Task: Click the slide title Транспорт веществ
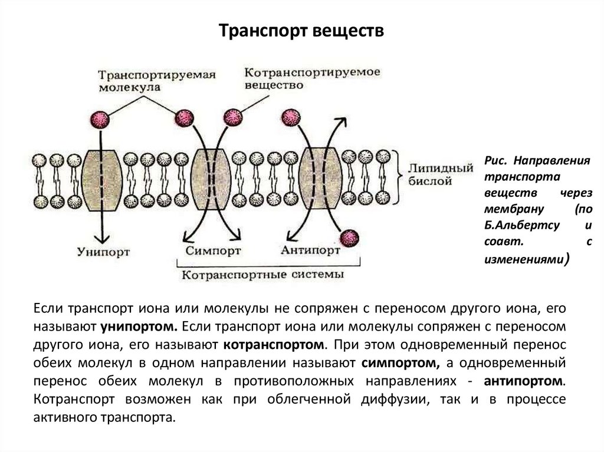click(301, 30)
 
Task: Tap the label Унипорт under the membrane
click(104, 252)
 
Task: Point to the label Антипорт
click(310, 250)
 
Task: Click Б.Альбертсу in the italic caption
click(514, 226)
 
